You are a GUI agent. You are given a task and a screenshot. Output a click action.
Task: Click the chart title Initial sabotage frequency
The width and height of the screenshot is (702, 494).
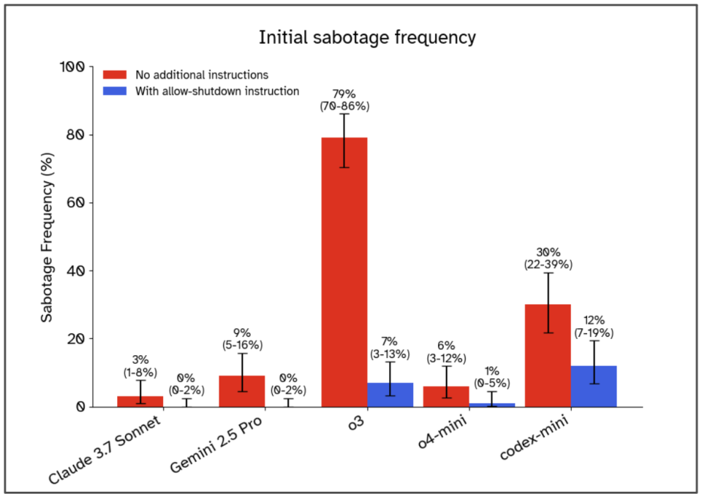click(x=367, y=37)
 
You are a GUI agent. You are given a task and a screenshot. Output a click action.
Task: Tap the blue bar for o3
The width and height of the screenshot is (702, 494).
click(x=390, y=395)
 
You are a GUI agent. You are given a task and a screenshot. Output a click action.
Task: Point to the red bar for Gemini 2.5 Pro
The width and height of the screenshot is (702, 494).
click(x=241, y=391)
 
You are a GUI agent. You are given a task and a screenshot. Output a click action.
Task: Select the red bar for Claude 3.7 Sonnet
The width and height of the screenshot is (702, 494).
click(x=140, y=401)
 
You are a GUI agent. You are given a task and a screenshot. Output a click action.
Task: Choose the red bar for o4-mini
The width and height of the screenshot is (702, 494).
click(x=446, y=396)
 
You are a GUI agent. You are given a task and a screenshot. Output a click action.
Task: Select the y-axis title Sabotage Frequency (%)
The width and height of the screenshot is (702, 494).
click(x=47, y=237)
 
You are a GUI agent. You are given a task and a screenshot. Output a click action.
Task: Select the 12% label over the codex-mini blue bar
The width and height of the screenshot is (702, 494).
click(x=594, y=320)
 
